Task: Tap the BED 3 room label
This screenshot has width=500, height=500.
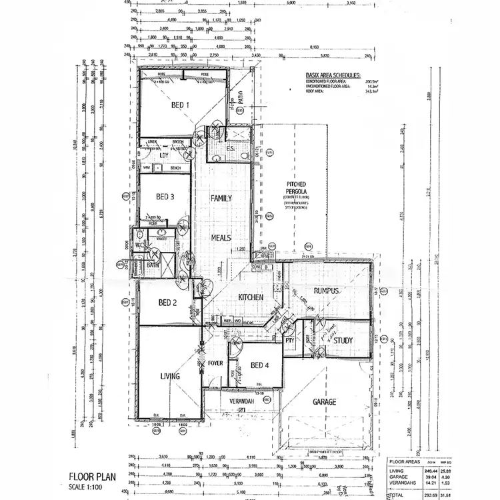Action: pos(165,197)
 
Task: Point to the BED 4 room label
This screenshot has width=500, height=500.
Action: pos(260,365)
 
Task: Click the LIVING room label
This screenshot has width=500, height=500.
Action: pos(170,377)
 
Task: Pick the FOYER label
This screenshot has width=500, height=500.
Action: pos(215,364)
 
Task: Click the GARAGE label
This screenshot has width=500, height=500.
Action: pos(321,402)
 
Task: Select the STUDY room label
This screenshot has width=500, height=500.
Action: pos(343,341)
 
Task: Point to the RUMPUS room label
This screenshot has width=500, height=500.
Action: pos(327,291)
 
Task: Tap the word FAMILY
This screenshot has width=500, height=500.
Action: pos(221,199)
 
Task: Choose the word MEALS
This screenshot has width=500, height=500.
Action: pos(221,237)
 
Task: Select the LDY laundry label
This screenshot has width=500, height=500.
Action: pos(163,155)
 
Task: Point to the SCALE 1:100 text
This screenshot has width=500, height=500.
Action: pos(86,487)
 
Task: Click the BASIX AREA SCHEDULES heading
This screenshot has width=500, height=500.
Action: pos(333,77)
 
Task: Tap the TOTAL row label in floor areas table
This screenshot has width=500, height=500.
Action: pos(397,495)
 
